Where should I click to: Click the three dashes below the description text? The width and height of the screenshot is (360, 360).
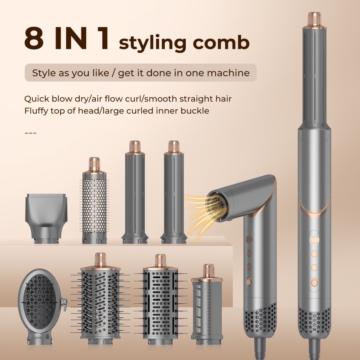(30, 133)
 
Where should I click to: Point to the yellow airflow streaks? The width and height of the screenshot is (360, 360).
(195, 208)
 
